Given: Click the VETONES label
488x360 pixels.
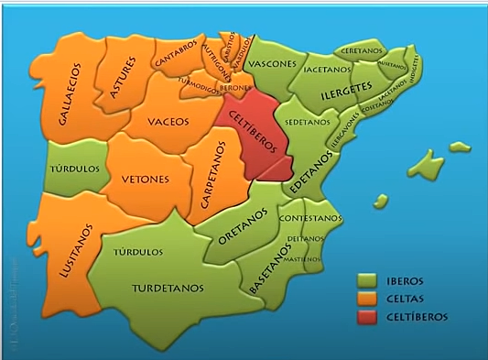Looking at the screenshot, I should pyautogui.click(x=145, y=180).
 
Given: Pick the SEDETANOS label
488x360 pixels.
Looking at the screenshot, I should pyautogui.click(x=308, y=122).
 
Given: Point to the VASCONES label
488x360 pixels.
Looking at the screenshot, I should pyautogui.click(x=273, y=64).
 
